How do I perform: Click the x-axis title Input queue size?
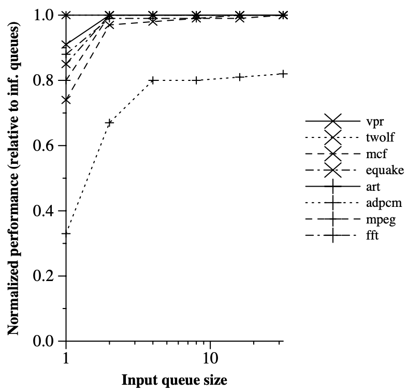click(x=174, y=381)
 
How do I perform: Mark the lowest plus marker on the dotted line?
click(x=66, y=233)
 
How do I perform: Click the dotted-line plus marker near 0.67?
click(x=109, y=123)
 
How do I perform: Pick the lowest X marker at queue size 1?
click(x=66, y=100)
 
